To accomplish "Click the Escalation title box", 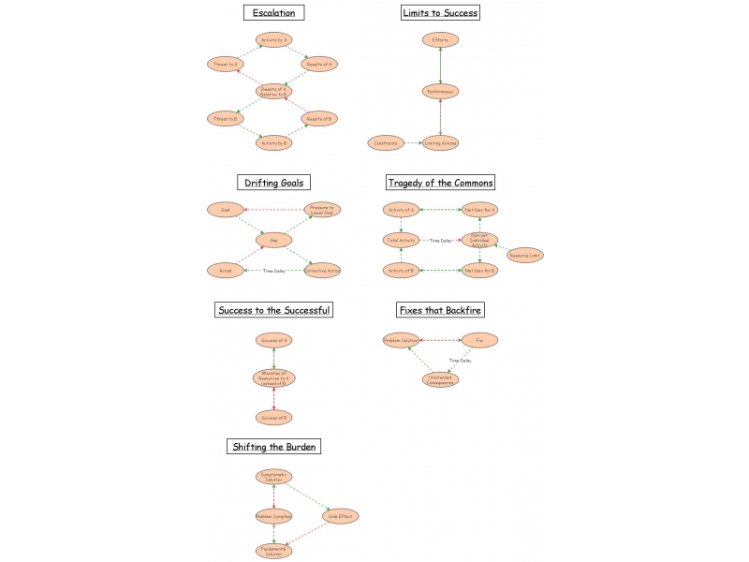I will [x=273, y=13].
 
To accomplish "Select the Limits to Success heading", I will [x=439, y=13].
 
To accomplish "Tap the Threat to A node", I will [x=224, y=64].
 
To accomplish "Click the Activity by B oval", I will [x=273, y=142].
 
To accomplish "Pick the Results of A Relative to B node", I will [x=273, y=91].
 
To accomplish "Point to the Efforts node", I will [x=439, y=39].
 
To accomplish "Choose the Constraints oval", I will [x=386, y=142].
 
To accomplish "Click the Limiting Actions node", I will [x=439, y=142].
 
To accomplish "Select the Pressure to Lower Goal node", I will [x=322, y=210].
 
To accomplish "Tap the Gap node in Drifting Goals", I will [x=273, y=241].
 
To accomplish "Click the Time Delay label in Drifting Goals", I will [x=273, y=271].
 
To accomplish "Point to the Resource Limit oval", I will [x=525, y=255].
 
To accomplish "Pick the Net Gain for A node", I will [x=480, y=210].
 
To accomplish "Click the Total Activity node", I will [x=401, y=241].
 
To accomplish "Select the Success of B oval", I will [x=273, y=417].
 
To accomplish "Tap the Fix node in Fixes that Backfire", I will [x=479, y=340].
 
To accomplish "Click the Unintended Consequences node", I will [x=439, y=379].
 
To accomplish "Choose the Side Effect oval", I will [x=341, y=516].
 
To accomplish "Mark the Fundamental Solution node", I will [x=273, y=551].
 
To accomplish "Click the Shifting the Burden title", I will [x=273, y=447].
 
